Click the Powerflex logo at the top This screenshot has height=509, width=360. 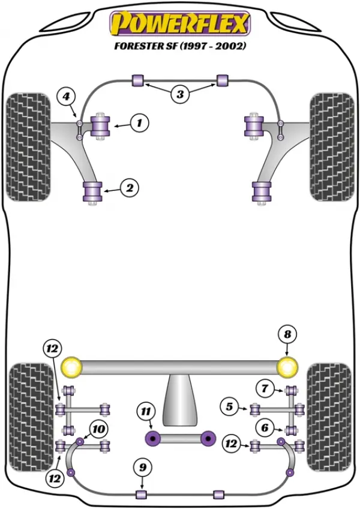click(180, 23)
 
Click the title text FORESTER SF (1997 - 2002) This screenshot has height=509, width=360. click(180, 46)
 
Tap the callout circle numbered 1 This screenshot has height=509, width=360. click(140, 123)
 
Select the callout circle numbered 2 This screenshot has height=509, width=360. click(130, 188)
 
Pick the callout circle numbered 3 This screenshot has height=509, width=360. click(180, 94)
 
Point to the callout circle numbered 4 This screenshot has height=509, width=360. click(66, 97)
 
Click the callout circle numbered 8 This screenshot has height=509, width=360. click(287, 335)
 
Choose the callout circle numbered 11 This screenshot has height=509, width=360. click(146, 412)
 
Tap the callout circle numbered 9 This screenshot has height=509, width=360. click(143, 468)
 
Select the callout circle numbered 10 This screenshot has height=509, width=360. click(98, 429)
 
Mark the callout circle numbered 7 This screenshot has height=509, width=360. click(265, 388)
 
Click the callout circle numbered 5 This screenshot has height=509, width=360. click(230, 406)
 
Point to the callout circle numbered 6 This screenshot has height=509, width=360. click(265, 427)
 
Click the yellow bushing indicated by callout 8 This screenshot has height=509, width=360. click(287, 367)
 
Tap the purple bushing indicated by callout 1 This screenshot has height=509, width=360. click(100, 126)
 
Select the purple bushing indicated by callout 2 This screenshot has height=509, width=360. click(93, 192)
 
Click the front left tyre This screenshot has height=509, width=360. click(29, 147)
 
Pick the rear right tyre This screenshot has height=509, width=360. click(329, 417)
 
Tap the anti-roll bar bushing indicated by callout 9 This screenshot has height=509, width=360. click(141, 495)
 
